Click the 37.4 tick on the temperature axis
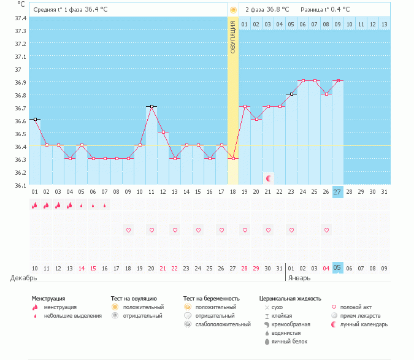pos(21,18)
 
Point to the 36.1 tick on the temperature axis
pos(21,185)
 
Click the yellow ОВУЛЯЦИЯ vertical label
pos(233,37)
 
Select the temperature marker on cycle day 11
pos(151,107)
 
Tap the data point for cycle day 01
pos(35,119)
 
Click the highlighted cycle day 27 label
pos(338,192)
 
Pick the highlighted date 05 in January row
pos(338,268)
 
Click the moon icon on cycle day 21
pos(268,178)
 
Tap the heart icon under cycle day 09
pos(128,230)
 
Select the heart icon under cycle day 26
pos(326,230)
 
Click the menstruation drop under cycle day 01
pos(35,205)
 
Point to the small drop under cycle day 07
pos(105,205)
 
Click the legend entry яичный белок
pos(289,341)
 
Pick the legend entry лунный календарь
pos(360,324)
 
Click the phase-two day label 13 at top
pos(384,24)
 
